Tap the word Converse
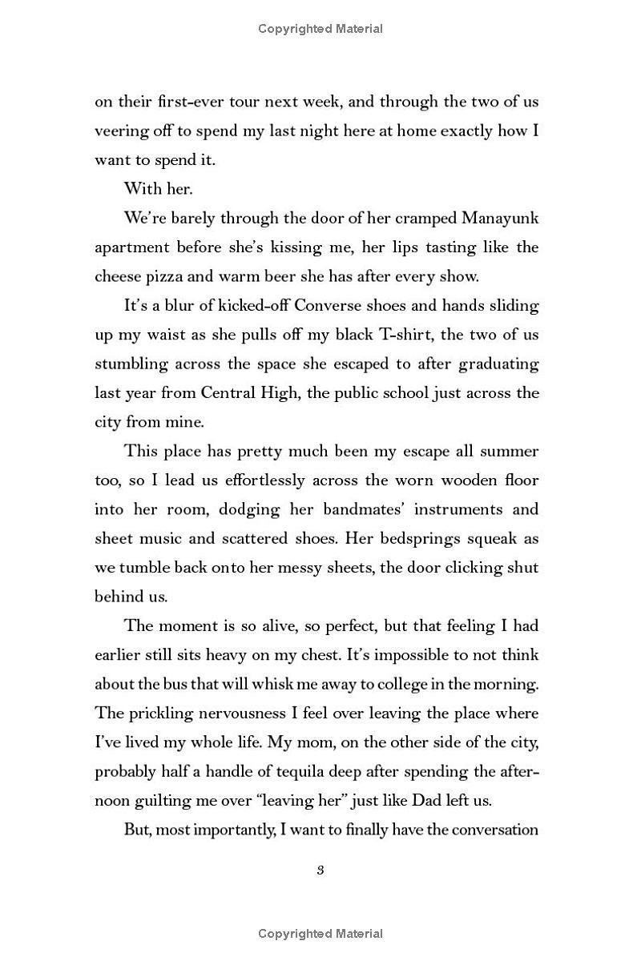coord(329,305)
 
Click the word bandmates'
coord(365,509)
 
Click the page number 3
coord(320,871)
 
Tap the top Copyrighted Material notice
coord(320,29)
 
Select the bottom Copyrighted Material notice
coord(320,933)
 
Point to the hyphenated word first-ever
coord(201,102)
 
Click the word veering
coord(121,131)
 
